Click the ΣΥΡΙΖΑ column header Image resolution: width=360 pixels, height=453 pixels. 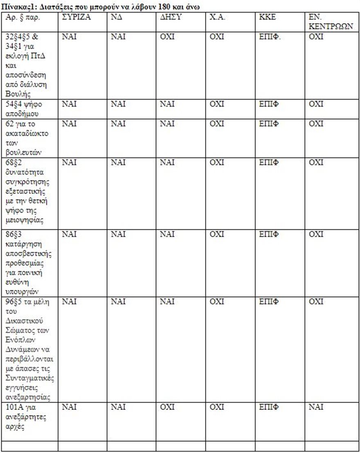coord(76,18)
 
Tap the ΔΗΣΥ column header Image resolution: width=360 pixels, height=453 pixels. coord(169,18)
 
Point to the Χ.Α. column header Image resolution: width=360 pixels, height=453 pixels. coord(217,18)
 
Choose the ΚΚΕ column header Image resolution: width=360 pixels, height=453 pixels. coord(268,18)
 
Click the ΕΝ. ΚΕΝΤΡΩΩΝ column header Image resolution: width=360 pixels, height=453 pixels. coord(331,22)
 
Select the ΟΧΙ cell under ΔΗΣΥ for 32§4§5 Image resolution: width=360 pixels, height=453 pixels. coord(167,37)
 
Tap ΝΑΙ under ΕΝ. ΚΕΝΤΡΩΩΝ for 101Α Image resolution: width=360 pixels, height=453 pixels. coord(316,407)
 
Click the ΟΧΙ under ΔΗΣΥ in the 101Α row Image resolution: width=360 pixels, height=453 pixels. coord(167,407)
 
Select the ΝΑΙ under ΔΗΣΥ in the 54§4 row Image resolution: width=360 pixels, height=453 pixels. coord(167,104)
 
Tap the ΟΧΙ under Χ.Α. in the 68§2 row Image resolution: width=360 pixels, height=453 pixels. coord(216,162)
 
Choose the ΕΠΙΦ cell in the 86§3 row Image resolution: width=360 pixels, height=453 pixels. coord(268,234)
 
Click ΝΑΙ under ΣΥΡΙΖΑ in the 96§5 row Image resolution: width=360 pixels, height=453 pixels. coord(69,302)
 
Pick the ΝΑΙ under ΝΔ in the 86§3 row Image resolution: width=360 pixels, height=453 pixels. coord(118,234)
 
